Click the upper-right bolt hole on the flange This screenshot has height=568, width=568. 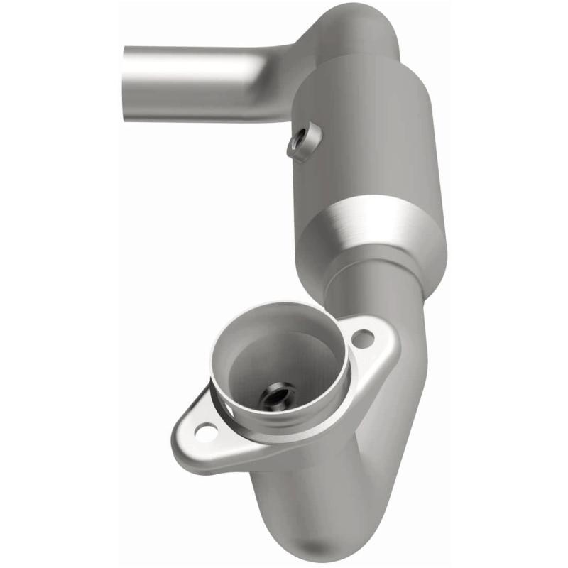click(362, 339)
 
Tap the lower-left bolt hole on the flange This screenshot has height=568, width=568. click(207, 430)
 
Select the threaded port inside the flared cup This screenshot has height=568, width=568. click(275, 395)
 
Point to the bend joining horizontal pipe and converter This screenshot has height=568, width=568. click(284, 78)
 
